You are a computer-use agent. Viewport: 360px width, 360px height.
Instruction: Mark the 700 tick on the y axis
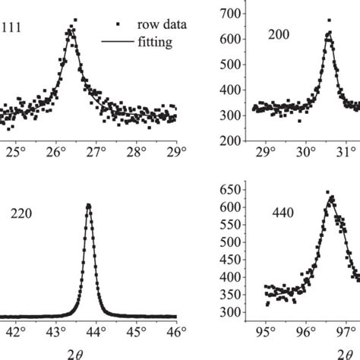click(x=242, y=14)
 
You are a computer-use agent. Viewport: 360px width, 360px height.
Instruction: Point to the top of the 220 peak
click(x=89, y=205)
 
